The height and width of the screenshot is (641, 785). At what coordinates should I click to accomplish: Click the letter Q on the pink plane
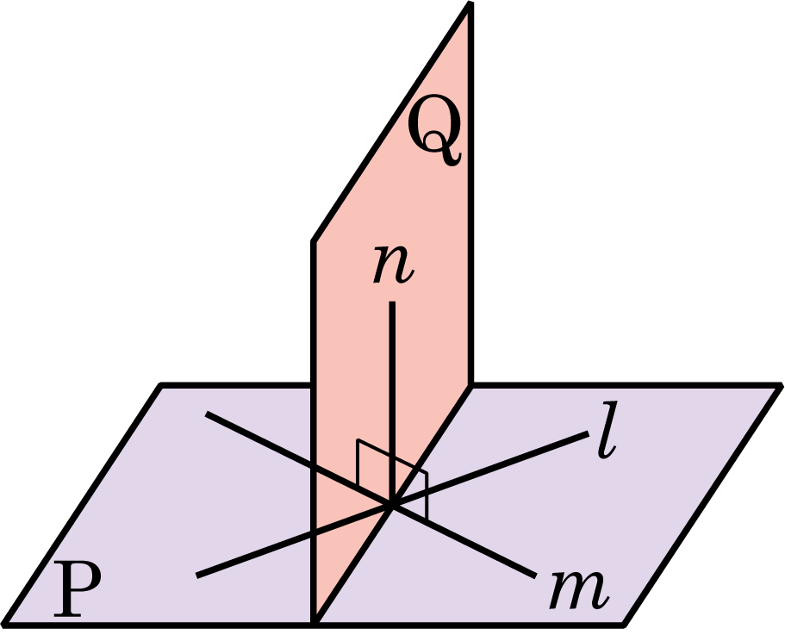(x=433, y=136)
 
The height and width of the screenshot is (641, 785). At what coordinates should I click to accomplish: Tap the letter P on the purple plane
(x=77, y=589)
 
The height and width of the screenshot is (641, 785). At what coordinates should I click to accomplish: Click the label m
(x=579, y=590)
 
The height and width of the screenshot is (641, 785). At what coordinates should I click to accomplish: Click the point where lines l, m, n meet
(x=393, y=506)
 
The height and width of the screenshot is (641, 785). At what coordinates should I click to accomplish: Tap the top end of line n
(x=393, y=302)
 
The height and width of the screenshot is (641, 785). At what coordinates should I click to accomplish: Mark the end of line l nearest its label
(x=589, y=433)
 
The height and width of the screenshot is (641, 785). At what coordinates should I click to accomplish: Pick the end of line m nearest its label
(x=536, y=576)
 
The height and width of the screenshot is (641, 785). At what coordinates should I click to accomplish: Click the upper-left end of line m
(x=206, y=414)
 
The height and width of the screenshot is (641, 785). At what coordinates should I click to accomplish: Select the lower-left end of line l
(x=196, y=576)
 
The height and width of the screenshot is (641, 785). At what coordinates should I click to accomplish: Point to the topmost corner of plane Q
(x=470, y=4)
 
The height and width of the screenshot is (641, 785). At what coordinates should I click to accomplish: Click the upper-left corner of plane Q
(x=314, y=241)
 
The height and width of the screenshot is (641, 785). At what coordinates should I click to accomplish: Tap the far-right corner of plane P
(x=780, y=385)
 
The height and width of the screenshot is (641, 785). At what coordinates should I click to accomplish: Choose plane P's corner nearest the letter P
(x=5, y=625)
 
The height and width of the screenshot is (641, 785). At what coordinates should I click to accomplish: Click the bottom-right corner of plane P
(x=623, y=625)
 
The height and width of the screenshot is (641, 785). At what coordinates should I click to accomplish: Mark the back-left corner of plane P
(x=160, y=385)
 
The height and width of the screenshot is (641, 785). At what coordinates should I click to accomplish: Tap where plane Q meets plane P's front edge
(x=315, y=624)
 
